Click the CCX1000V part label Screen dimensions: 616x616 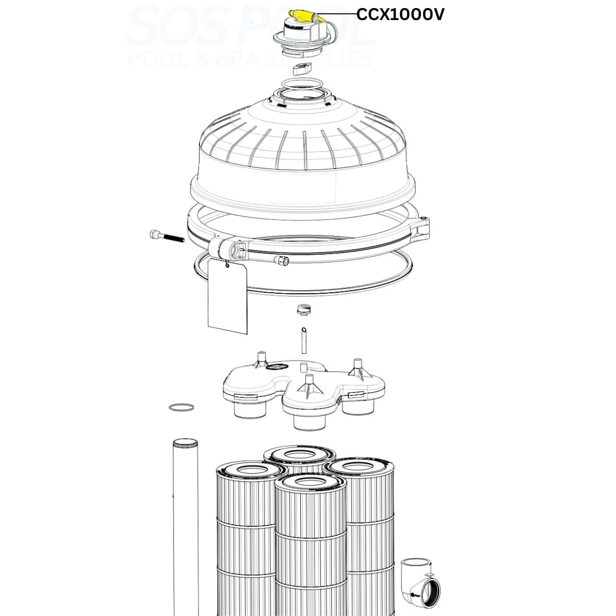[x=400, y=15]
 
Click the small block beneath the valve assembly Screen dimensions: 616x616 [x=303, y=68]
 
